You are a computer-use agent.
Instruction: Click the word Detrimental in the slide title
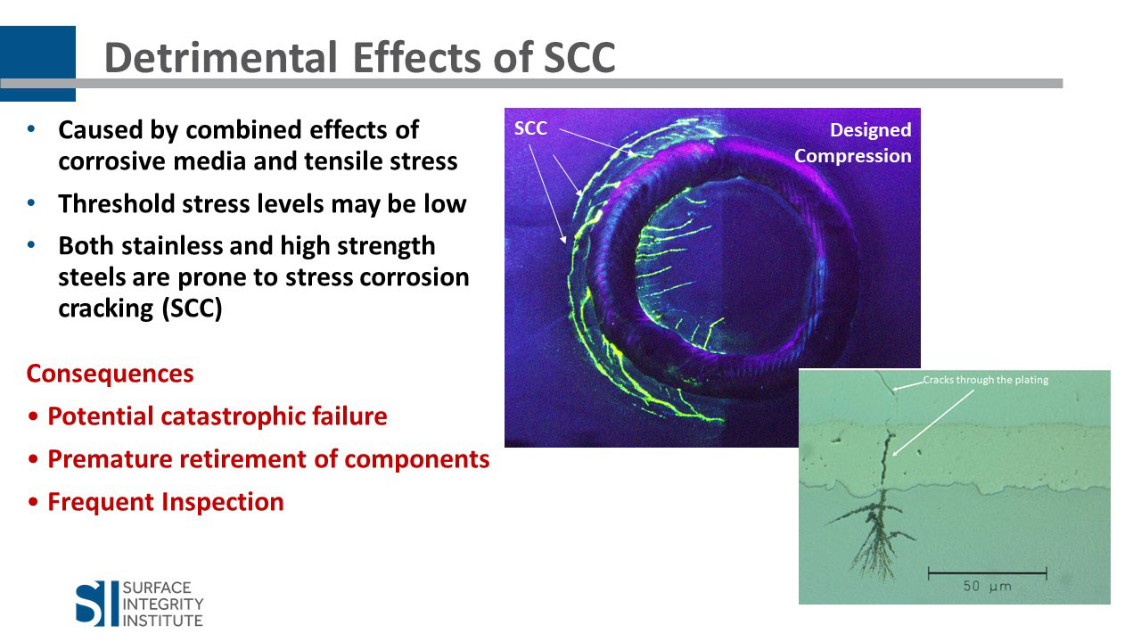tap(220, 57)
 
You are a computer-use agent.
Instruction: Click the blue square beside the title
tap(37, 63)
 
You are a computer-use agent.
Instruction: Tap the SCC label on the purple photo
tap(530, 128)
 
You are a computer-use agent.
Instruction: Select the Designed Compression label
tap(853, 143)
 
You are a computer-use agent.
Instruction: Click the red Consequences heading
tap(110, 374)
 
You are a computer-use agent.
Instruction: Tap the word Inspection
tap(223, 502)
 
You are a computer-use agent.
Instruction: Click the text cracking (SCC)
tap(140, 309)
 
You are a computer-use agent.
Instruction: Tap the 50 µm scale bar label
tap(987, 586)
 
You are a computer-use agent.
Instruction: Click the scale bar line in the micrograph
tap(987, 573)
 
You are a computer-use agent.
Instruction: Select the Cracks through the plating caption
tap(986, 380)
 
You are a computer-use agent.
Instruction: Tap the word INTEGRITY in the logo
tap(163, 605)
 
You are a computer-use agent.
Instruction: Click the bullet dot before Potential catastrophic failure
tap(34, 416)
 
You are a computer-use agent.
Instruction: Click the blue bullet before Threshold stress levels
tap(31, 203)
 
